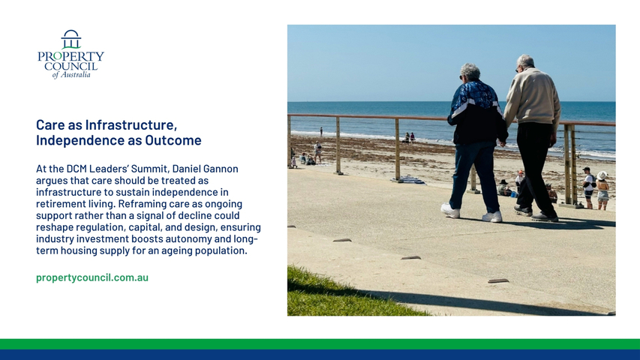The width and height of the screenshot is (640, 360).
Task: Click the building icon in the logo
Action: coord(71,39)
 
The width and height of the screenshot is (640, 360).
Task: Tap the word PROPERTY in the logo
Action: coord(71,56)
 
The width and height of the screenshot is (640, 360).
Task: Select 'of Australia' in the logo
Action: coord(71,75)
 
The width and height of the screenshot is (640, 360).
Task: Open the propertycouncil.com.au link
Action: coord(92,277)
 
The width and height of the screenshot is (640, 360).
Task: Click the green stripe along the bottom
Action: coord(320,344)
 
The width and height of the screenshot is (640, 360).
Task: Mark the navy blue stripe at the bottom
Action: coord(320,355)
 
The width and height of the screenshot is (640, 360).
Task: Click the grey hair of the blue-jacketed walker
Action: coord(470,71)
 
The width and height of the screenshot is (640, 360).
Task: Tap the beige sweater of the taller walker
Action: coord(533,98)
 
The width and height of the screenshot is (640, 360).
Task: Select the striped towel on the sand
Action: coord(409,179)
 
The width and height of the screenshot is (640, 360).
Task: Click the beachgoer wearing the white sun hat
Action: coord(602,190)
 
